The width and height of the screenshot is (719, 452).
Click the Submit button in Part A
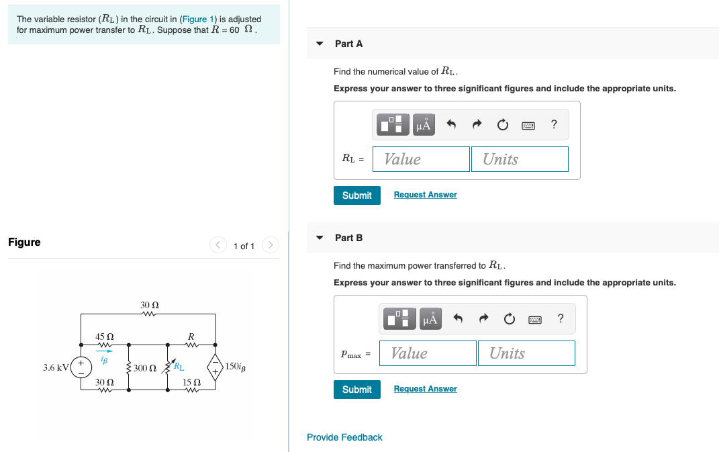pyautogui.click(x=356, y=195)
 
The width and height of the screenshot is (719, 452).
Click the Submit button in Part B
pyautogui.click(x=356, y=390)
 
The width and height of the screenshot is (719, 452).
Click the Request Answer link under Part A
pyautogui.click(x=425, y=195)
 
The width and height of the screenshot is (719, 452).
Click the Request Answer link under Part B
pyautogui.click(x=425, y=389)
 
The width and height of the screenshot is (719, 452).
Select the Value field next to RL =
pyautogui.click(x=421, y=159)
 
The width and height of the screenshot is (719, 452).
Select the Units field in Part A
pyautogui.click(x=520, y=159)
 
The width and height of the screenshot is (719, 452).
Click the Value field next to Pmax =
pyautogui.click(x=428, y=353)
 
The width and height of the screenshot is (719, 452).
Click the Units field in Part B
pyautogui.click(x=526, y=353)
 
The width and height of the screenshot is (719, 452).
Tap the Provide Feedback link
pyautogui.click(x=344, y=437)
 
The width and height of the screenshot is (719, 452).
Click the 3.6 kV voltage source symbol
pyautogui.click(x=82, y=367)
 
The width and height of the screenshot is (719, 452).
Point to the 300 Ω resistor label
pyautogui.click(x=144, y=368)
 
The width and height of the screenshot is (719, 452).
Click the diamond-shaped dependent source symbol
pyautogui.click(x=215, y=367)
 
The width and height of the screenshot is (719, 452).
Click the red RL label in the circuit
pyautogui.click(x=179, y=366)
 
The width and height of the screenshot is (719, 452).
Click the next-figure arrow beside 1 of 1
pyautogui.click(x=270, y=245)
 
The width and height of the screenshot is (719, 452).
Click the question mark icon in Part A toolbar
pyautogui.click(x=553, y=124)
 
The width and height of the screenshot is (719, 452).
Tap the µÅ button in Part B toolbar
pyautogui.click(x=430, y=319)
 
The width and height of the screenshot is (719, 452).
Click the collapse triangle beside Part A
pyautogui.click(x=320, y=44)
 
